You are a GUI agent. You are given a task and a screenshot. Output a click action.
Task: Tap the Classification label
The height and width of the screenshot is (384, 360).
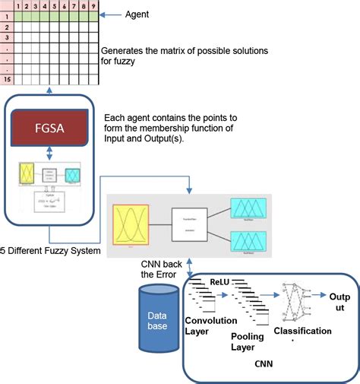pyautogui.click(x=302, y=331)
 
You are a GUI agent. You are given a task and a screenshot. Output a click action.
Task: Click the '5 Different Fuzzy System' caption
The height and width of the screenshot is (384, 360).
pyautogui.click(x=50, y=251)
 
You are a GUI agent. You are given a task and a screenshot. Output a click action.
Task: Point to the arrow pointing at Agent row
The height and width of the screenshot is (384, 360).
pyautogui.click(x=113, y=14)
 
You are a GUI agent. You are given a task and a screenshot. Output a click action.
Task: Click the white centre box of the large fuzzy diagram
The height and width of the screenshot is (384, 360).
pyautogui.click(x=189, y=225)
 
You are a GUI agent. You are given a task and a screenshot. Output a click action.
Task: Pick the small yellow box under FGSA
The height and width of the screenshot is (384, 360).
pyautogui.click(x=27, y=174)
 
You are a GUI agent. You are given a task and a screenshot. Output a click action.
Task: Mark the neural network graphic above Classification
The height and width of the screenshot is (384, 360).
pyautogui.click(x=295, y=302)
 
